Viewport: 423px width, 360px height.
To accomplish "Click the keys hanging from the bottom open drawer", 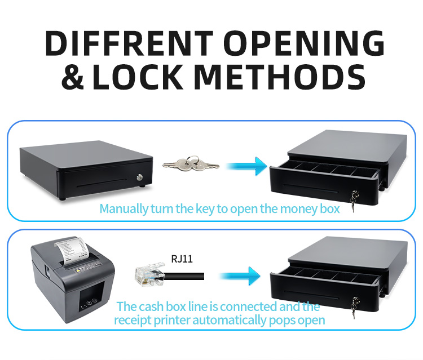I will tap(354, 305).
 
